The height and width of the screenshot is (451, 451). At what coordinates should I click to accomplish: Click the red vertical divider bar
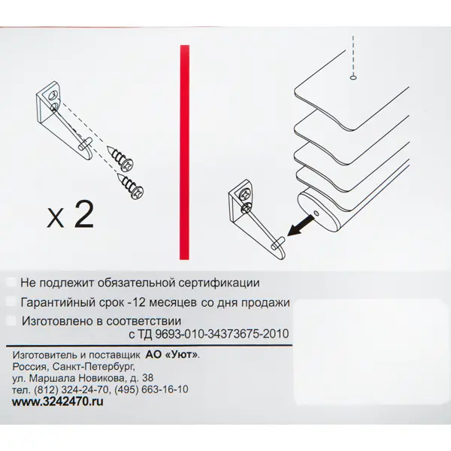click(x=184, y=152)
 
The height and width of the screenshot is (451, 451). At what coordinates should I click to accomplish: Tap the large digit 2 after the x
click(x=83, y=214)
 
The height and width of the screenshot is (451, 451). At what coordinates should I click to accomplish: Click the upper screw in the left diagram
click(x=121, y=159)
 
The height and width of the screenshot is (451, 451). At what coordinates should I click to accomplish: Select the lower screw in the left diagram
click(x=130, y=186)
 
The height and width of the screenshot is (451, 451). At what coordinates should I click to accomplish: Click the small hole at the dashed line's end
click(x=353, y=77)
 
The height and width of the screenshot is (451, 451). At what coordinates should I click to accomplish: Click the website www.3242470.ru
click(x=58, y=401)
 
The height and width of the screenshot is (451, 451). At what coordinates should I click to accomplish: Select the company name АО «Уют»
click(x=172, y=355)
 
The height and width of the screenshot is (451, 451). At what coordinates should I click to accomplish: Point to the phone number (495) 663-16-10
click(x=151, y=389)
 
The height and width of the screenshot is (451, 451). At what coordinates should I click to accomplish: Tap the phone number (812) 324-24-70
click(x=72, y=389)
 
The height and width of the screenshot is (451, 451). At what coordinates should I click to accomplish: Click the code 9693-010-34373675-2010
click(x=222, y=334)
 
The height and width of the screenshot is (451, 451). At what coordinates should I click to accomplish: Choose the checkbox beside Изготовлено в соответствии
click(x=11, y=321)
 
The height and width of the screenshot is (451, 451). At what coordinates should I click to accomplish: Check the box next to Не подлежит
click(x=11, y=282)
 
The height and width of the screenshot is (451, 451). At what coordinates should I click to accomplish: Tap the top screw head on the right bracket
click(x=245, y=195)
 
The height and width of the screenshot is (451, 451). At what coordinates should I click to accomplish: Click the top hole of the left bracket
click(x=53, y=95)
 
